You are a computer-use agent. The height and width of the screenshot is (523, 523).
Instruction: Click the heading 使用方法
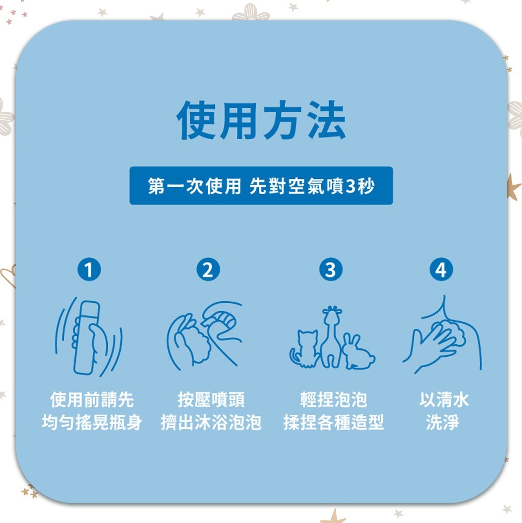261,121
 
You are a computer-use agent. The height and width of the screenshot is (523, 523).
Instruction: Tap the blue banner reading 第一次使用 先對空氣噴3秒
261,186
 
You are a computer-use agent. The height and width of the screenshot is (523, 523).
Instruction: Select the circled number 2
208,270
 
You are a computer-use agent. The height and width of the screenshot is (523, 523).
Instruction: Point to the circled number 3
331,270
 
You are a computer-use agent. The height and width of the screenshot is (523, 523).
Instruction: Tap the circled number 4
441,270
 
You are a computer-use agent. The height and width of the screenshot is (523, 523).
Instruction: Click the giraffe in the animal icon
330,337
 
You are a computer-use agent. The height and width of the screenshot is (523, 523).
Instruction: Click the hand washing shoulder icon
442,337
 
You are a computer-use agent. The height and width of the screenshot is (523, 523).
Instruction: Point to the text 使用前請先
92,400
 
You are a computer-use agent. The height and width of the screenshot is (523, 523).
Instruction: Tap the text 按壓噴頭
211,400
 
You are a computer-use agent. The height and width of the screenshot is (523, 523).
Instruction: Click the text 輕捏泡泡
334,400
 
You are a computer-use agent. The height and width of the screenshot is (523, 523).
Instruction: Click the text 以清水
444,400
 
